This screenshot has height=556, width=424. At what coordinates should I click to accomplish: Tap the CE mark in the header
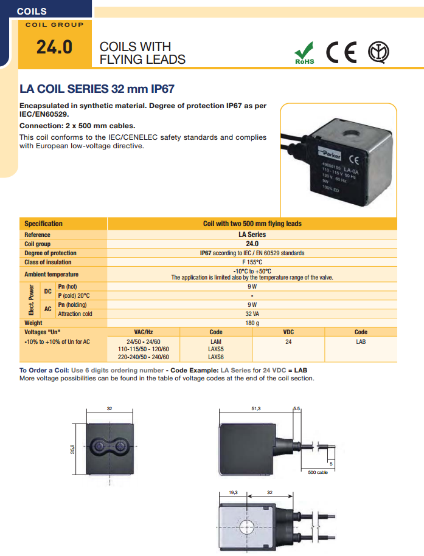click(341, 52)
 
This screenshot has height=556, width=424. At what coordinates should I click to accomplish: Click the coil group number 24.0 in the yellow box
click(54, 47)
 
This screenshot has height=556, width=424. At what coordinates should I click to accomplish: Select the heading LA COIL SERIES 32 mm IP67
click(97, 89)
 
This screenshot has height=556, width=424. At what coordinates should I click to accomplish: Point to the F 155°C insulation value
click(252, 262)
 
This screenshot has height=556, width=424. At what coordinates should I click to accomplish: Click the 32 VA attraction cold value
click(252, 314)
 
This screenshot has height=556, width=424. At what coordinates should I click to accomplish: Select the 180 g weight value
click(252, 323)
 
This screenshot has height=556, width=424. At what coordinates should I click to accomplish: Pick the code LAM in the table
click(216, 342)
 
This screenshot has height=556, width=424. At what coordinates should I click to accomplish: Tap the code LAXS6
click(216, 357)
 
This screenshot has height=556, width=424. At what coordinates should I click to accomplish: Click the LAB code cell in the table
click(361, 342)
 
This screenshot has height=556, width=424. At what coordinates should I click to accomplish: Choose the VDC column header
click(288, 332)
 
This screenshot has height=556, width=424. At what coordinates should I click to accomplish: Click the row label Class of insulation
click(48, 262)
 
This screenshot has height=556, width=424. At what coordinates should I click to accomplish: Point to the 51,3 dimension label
click(256, 409)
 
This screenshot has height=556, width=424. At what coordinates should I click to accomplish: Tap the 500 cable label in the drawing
click(318, 472)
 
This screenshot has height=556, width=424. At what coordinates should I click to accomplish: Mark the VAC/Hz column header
click(144, 332)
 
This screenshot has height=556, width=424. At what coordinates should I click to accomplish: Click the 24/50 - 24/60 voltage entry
click(144, 342)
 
